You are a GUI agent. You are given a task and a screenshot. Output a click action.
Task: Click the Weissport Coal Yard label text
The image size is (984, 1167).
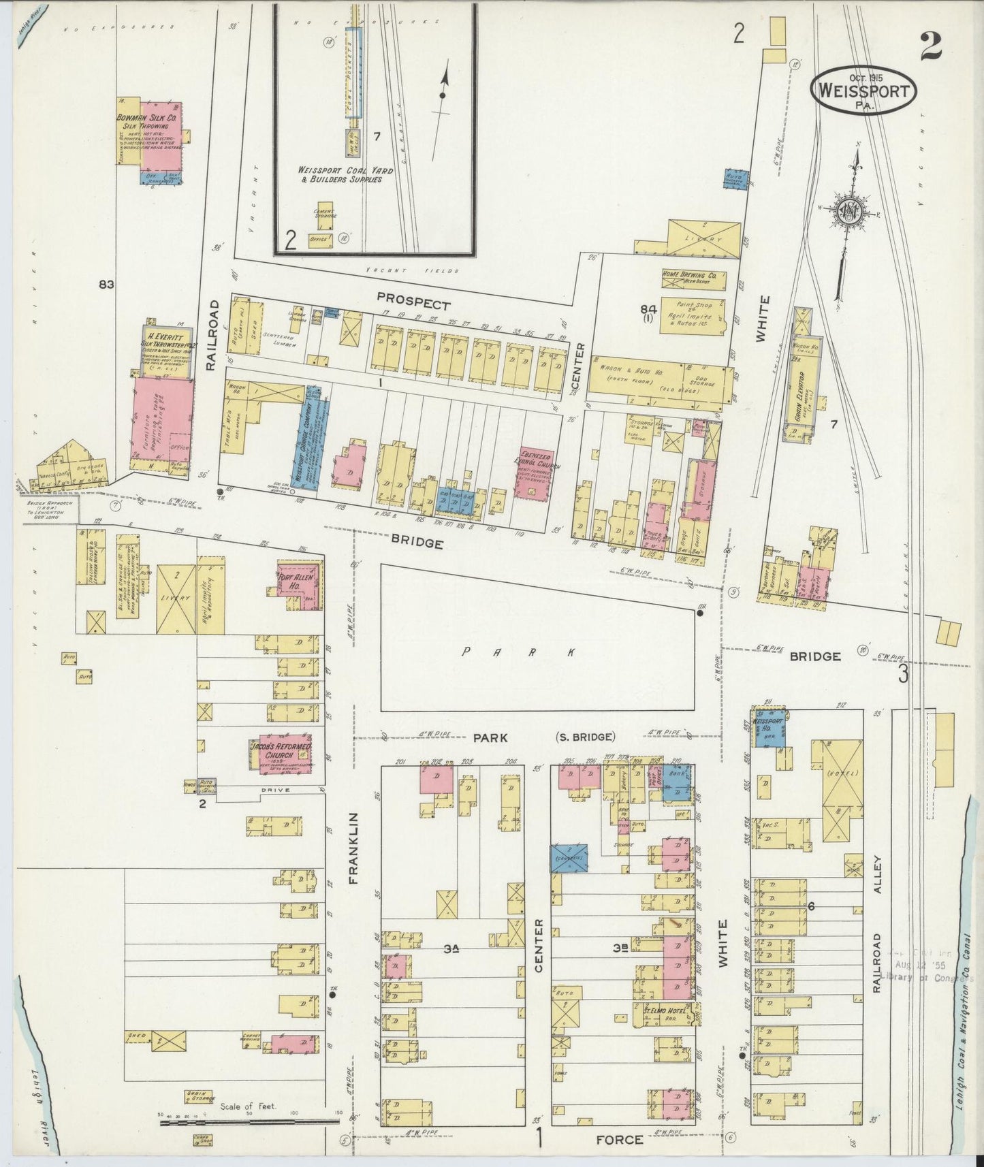(338, 174)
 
